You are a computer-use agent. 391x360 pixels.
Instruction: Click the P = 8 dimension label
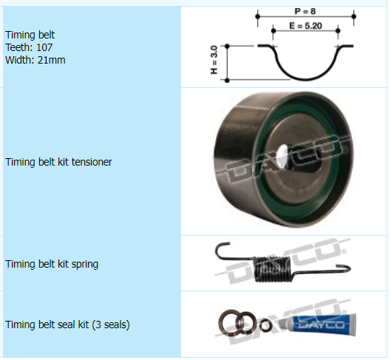point(305,11)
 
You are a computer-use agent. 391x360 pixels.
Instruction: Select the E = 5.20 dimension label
point(305,26)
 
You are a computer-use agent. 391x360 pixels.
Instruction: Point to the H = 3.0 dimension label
point(214,60)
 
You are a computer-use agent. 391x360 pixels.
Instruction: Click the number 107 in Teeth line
point(44,47)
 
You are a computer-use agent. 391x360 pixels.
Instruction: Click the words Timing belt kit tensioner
point(58,162)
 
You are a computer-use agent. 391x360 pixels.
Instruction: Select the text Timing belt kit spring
point(52,264)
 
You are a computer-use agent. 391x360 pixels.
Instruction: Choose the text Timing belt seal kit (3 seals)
point(67,325)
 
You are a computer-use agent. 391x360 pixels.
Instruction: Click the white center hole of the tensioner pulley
point(282,153)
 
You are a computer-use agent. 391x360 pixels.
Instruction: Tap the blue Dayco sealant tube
point(324,325)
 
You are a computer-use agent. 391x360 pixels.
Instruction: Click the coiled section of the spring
point(273,270)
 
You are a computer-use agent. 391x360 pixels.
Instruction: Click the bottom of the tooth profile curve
point(306,80)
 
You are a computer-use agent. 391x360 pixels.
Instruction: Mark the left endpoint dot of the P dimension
point(258,16)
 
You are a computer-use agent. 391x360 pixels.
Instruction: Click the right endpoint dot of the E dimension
point(338,30)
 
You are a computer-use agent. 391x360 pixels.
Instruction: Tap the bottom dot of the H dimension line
point(227,81)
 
